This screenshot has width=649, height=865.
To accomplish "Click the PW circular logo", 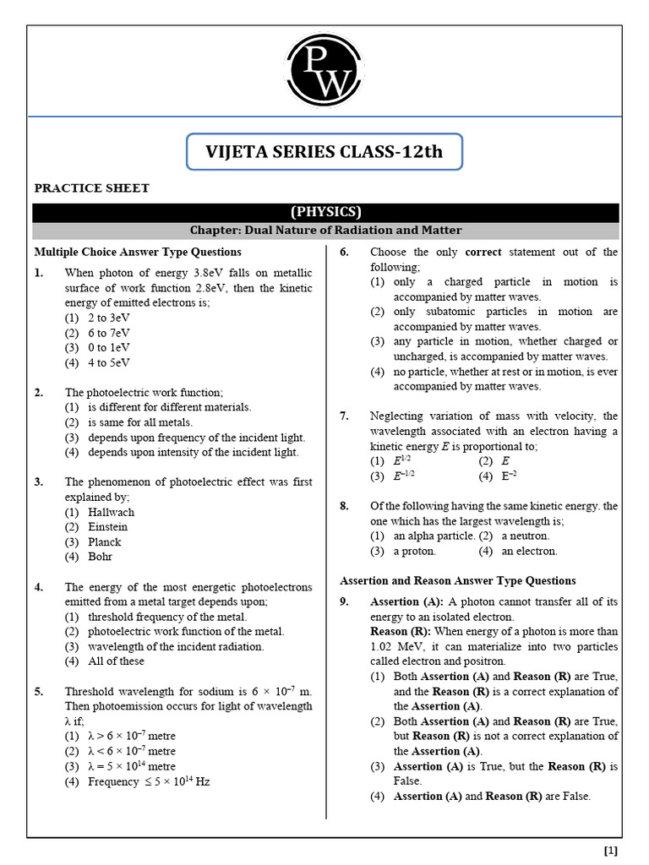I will coord(324,72).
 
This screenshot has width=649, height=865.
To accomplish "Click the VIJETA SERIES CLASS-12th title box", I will coord(324,152).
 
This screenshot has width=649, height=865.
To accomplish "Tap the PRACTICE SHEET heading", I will coord(91,188).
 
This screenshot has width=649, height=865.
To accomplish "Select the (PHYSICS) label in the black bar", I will coord(325,212).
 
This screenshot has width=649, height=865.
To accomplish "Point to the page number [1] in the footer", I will coord(611,850).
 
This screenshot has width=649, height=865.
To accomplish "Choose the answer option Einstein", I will coord(107,527).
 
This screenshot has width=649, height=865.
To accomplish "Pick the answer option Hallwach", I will coord(110,512).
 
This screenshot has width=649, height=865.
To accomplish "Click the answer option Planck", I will coord(104,542).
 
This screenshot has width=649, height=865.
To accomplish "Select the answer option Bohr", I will coord(100,557).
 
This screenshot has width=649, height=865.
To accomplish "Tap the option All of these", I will coord(116,661).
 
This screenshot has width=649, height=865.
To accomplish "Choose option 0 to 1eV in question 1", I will coord(109,348).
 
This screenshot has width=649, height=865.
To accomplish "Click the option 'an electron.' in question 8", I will coord(529,551).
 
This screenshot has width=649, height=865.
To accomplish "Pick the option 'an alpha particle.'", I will coord(433,536).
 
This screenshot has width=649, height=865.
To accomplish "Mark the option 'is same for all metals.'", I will coord(140,422).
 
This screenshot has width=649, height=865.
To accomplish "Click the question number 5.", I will coord(39,691).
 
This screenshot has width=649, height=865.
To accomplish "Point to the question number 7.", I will coord(344,416).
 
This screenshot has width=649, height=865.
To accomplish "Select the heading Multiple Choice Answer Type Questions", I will coord(138,252).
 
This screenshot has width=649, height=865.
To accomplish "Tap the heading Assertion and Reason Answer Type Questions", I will coord(458,580).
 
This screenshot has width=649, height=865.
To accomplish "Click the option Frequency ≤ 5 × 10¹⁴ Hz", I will coord(149,781).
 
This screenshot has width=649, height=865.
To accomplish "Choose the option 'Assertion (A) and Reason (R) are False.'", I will coord(492,796).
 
